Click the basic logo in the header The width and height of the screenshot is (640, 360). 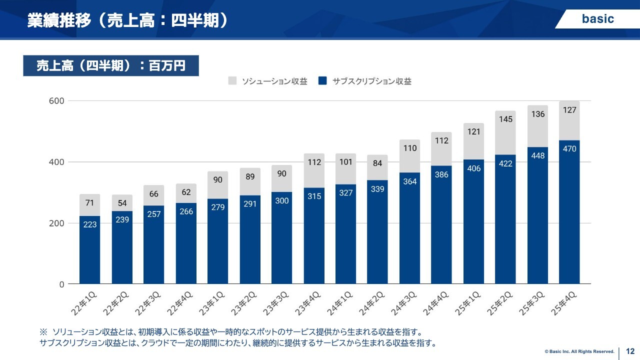(597, 19)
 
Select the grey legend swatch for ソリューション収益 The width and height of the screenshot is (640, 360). (232, 81)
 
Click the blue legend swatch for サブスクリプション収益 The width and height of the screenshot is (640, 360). (322, 81)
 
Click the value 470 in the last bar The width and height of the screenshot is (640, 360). (569, 149)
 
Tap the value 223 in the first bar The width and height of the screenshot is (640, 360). (90, 224)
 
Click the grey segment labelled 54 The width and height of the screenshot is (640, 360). (122, 203)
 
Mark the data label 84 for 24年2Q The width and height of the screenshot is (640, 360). (377, 163)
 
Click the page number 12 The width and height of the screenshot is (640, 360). (630, 351)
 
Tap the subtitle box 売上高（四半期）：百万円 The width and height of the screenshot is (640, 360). (111, 65)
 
